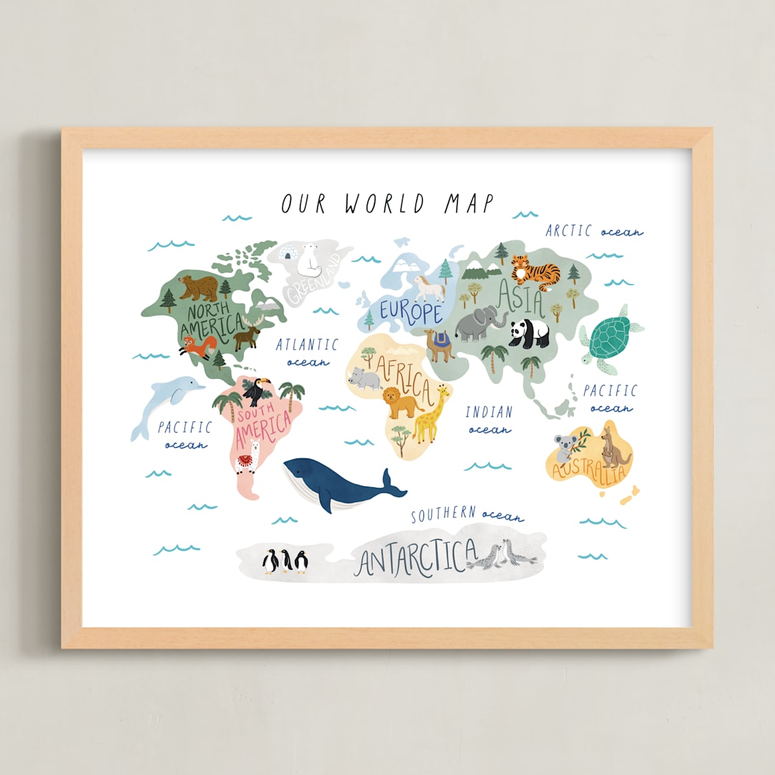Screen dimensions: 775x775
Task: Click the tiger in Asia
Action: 535,273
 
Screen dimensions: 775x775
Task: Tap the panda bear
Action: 530,333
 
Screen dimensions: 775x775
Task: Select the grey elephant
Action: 479,325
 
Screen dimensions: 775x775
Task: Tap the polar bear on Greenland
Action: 310,259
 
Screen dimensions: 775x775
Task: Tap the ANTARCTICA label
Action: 416,557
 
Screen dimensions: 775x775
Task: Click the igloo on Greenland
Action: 287,253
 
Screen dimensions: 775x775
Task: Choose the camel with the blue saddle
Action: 439,344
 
